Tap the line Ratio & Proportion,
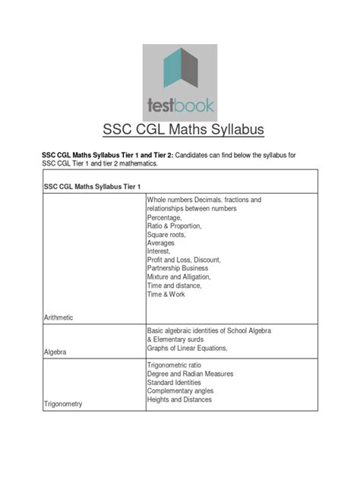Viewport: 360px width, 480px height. tap(174, 226)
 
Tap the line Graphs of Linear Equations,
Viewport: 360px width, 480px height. tap(187, 349)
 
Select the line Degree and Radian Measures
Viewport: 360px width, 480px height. tap(190, 374)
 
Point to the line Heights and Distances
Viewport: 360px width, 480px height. tap(179, 399)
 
